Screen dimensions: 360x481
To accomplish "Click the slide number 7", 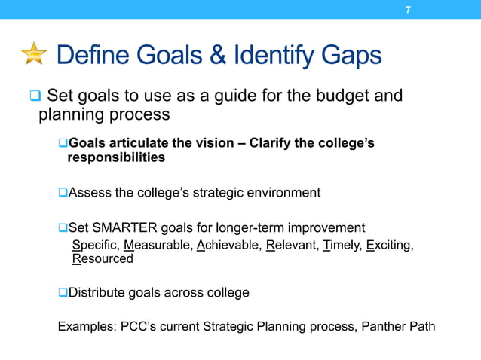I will [408, 10].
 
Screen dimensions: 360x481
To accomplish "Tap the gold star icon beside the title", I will [33, 55].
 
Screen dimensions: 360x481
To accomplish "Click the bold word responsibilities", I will [116, 158].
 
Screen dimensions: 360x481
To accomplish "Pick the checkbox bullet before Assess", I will [63, 193].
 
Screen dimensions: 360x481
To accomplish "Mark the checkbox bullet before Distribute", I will [63, 292].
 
